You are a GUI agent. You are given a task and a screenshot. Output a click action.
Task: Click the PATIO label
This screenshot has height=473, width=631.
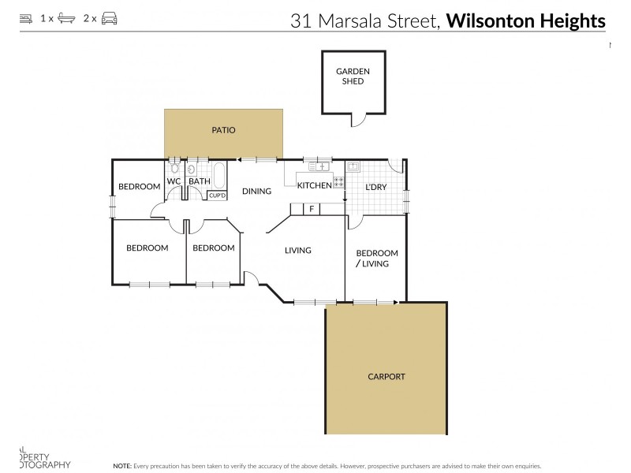point(223,131)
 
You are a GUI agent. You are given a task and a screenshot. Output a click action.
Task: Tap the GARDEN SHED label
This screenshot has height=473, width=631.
point(353,76)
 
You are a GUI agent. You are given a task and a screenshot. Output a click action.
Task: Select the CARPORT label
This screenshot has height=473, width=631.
point(386,377)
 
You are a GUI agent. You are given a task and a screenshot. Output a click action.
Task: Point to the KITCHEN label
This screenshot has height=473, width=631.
point(314,186)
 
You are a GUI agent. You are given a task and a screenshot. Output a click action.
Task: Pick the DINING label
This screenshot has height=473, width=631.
point(256,192)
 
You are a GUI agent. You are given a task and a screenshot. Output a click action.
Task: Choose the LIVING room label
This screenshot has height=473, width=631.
point(298,251)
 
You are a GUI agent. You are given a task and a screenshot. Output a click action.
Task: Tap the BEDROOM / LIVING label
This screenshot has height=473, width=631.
point(376,259)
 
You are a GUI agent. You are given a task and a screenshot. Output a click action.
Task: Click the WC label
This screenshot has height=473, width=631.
point(174,181)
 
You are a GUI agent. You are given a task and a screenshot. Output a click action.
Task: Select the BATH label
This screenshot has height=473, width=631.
point(200,181)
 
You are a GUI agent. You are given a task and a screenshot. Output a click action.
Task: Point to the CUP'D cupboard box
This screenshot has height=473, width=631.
point(218,195)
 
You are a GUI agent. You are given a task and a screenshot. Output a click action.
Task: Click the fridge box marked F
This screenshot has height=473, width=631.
point(312,209)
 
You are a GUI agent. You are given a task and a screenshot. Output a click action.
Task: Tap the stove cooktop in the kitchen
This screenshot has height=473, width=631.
point(338,182)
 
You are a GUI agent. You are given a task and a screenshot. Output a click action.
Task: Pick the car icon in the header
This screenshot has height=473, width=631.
point(110,17)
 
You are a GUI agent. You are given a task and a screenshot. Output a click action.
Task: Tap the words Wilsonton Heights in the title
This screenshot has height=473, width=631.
point(526,20)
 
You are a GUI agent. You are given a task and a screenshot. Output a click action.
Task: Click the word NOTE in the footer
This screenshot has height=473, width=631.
point(122,466)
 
